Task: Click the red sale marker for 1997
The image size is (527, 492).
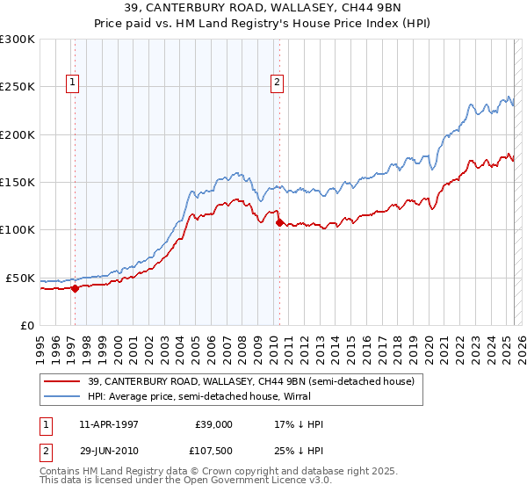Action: point(75,287)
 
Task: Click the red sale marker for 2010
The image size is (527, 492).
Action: point(279,222)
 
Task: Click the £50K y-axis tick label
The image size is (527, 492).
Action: point(20,278)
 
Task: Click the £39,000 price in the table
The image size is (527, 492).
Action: point(211,424)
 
